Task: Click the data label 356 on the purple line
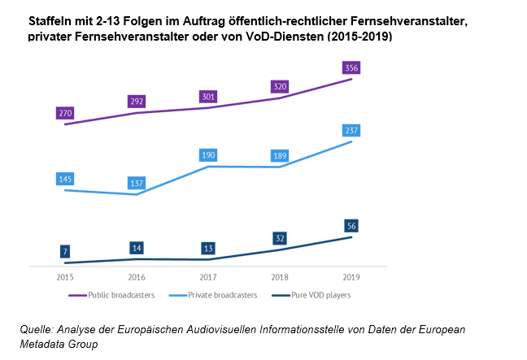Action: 351,67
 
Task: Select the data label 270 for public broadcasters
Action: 65,114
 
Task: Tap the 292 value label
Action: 137,102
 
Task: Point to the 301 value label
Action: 208,97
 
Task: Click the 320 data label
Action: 280,87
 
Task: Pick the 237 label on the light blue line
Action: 351,130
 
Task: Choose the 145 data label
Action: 65,179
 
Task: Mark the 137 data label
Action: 137,184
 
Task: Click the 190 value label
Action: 208,155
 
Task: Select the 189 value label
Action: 280,156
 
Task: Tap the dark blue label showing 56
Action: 351,226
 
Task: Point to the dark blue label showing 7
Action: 65,252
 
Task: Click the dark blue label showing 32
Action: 280,239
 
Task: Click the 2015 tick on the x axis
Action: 65,276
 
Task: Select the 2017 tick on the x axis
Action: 208,276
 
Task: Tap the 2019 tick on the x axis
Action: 351,276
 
